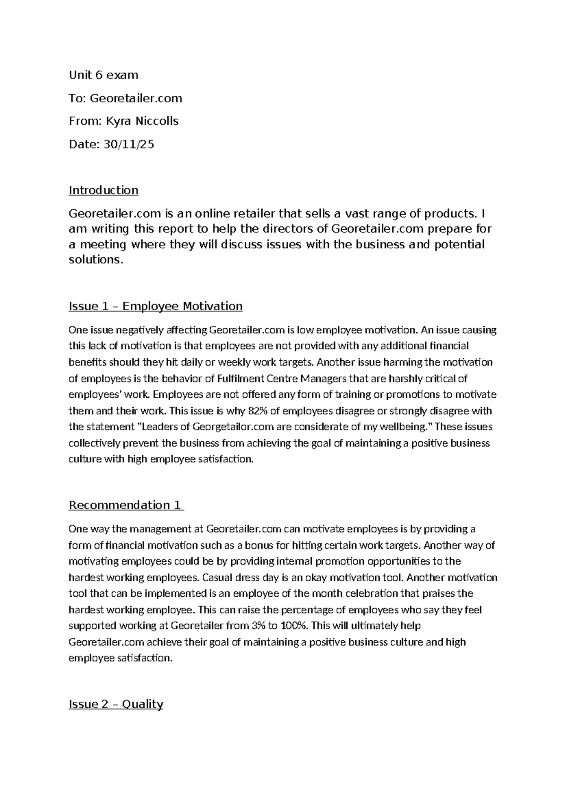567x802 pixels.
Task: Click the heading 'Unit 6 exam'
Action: [x=103, y=75]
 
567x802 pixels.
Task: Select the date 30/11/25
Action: [x=129, y=144]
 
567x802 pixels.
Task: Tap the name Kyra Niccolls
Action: [x=142, y=121]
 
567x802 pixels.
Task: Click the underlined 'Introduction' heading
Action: [x=103, y=190]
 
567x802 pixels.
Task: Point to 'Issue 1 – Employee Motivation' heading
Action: [x=155, y=306]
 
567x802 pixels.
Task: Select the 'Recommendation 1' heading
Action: [x=126, y=505]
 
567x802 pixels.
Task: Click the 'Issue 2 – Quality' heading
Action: [x=116, y=704]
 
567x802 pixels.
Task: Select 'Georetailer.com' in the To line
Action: [x=136, y=98]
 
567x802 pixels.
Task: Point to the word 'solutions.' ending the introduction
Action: [x=96, y=260]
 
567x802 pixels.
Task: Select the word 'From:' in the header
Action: [x=85, y=121]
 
